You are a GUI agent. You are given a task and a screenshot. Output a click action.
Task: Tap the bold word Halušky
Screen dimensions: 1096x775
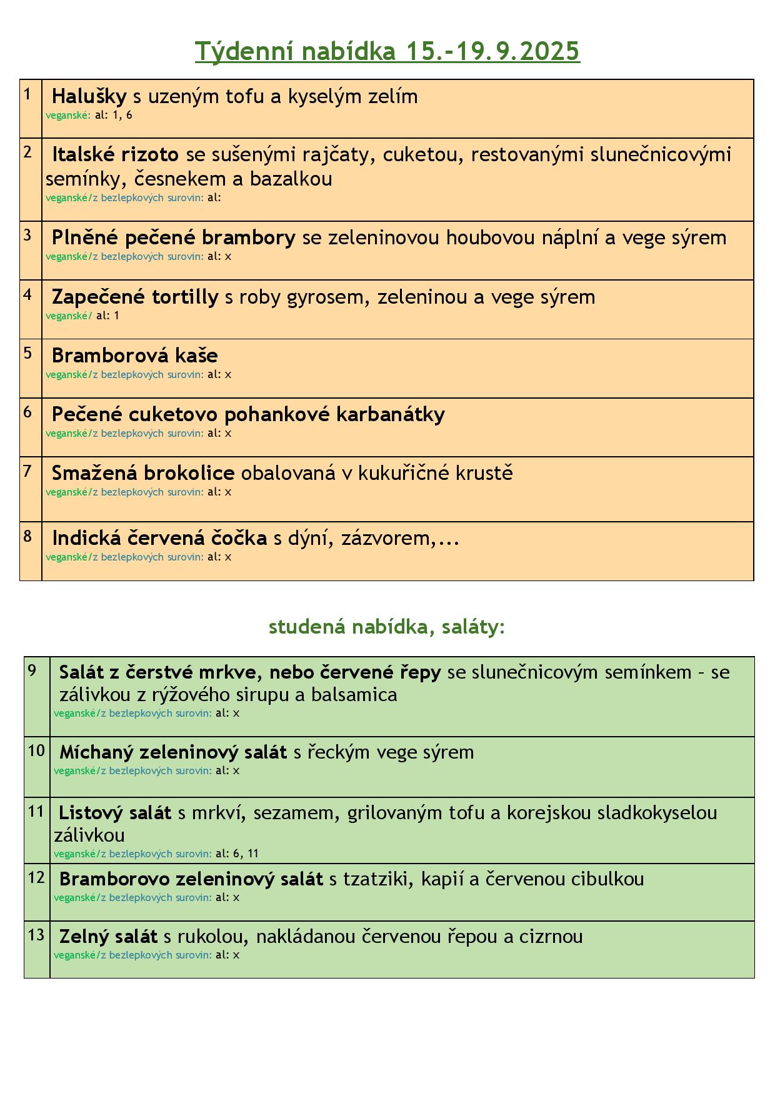89,96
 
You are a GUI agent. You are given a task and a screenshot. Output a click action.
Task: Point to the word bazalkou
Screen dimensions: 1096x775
291,179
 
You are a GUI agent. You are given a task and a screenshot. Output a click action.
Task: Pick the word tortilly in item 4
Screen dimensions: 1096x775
185,297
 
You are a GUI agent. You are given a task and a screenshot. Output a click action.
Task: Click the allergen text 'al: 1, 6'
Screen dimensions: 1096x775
113,116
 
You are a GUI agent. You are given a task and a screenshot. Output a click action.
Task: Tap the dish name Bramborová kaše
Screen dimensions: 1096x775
134,356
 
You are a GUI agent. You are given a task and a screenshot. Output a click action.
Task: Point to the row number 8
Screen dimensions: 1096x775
27,536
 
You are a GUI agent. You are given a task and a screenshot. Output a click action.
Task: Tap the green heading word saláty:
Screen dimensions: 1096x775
473,627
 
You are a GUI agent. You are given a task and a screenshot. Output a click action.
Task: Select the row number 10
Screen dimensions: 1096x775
37,751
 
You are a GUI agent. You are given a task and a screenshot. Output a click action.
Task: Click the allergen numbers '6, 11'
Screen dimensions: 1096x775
246,854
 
